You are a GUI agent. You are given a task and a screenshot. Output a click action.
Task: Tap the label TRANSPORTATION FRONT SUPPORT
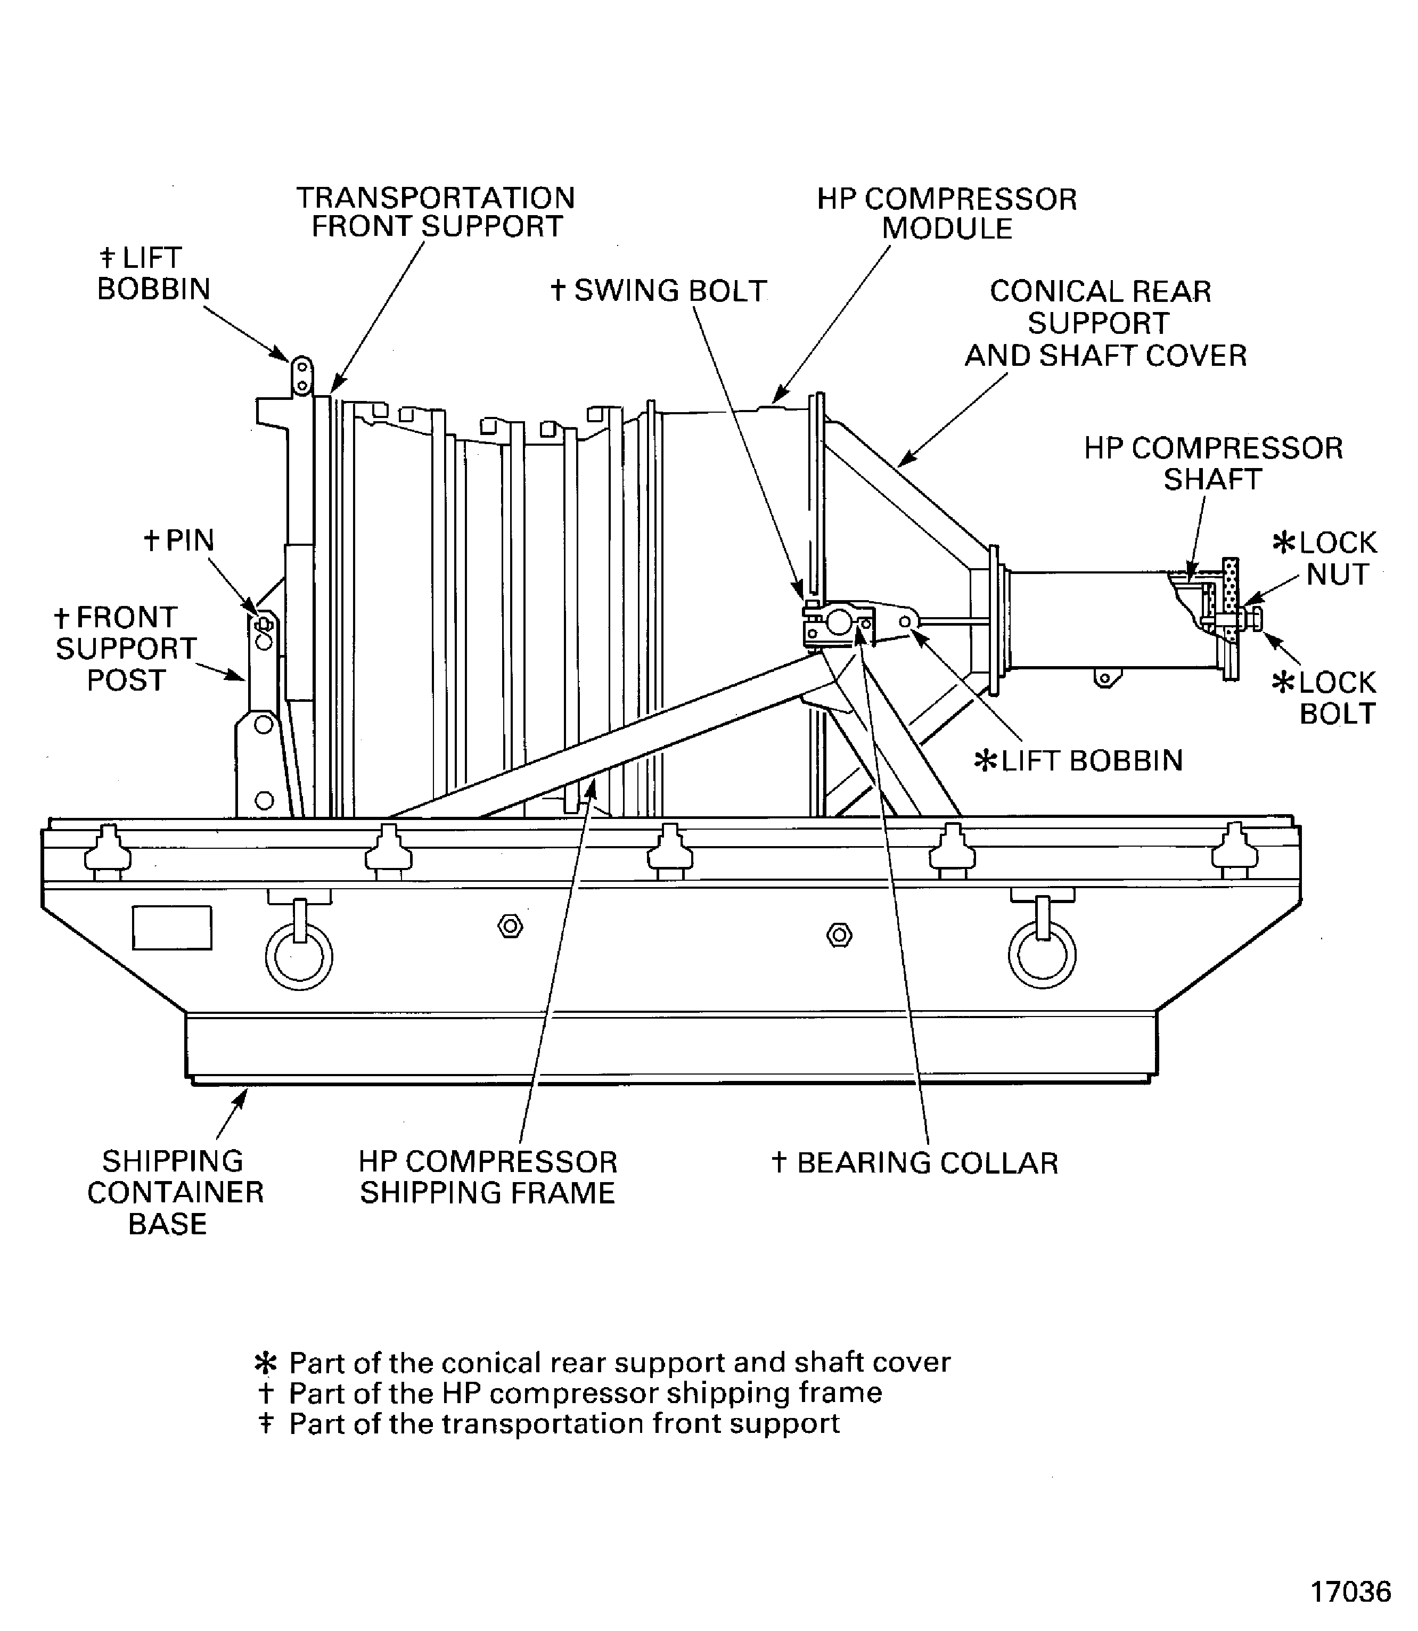click(x=435, y=212)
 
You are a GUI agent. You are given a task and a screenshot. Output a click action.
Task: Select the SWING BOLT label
click(x=659, y=291)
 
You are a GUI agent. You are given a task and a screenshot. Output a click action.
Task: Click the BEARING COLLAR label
click(x=915, y=1163)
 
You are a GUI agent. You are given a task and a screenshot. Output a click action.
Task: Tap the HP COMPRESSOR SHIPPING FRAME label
click(x=487, y=1177)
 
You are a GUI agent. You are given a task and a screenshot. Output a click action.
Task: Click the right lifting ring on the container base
click(x=1042, y=954)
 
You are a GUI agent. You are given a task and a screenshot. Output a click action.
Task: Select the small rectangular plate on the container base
click(x=171, y=928)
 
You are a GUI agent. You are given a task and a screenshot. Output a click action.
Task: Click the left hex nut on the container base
click(x=511, y=926)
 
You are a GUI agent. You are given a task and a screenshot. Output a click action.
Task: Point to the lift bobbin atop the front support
click(x=301, y=376)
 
